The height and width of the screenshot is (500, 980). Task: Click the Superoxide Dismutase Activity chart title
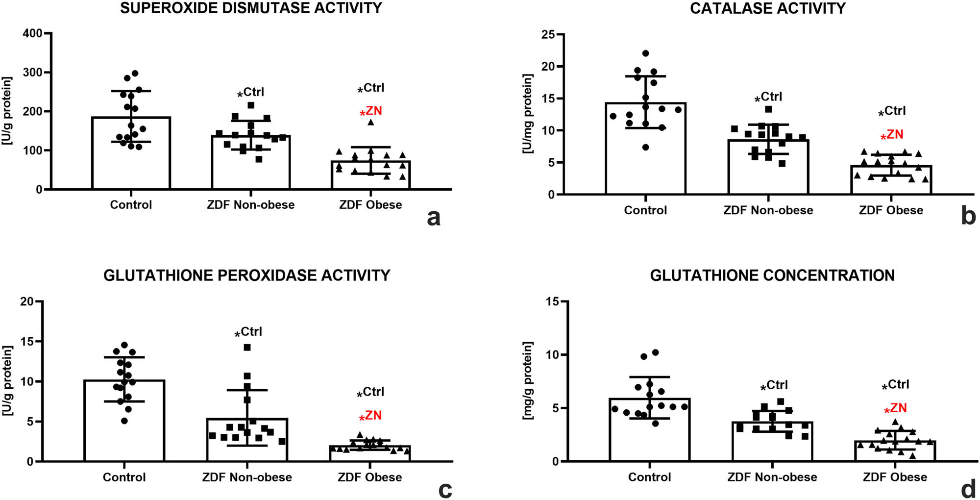[x=251, y=8]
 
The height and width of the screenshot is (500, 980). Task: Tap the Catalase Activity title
[x=767, y=8]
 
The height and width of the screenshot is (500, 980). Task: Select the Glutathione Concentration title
[x=772, y=275]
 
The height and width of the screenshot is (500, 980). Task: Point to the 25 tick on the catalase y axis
[x=548, y=34]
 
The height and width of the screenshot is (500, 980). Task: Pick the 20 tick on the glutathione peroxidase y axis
[x=27, y=301]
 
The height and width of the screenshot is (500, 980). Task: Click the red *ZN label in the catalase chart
[x=892, y=135]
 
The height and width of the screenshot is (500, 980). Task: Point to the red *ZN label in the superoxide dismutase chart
[x=371, y=112]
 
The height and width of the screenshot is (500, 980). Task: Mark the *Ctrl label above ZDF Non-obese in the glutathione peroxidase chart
[x=248, y=332]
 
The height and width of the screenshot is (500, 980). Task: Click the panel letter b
[x=968, y=216]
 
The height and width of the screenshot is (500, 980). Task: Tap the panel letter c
[x=445, y=489]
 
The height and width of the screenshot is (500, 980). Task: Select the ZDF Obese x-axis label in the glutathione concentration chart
[x=895, y=477]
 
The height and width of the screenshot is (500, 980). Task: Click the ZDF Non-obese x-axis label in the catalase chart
[x=768, y=210]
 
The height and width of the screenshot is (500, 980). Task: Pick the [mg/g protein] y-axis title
[x=527, y=381]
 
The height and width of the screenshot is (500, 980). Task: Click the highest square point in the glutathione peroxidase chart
[x=247, y=348]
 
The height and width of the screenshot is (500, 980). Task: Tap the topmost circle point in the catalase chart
[x=645, y=53]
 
